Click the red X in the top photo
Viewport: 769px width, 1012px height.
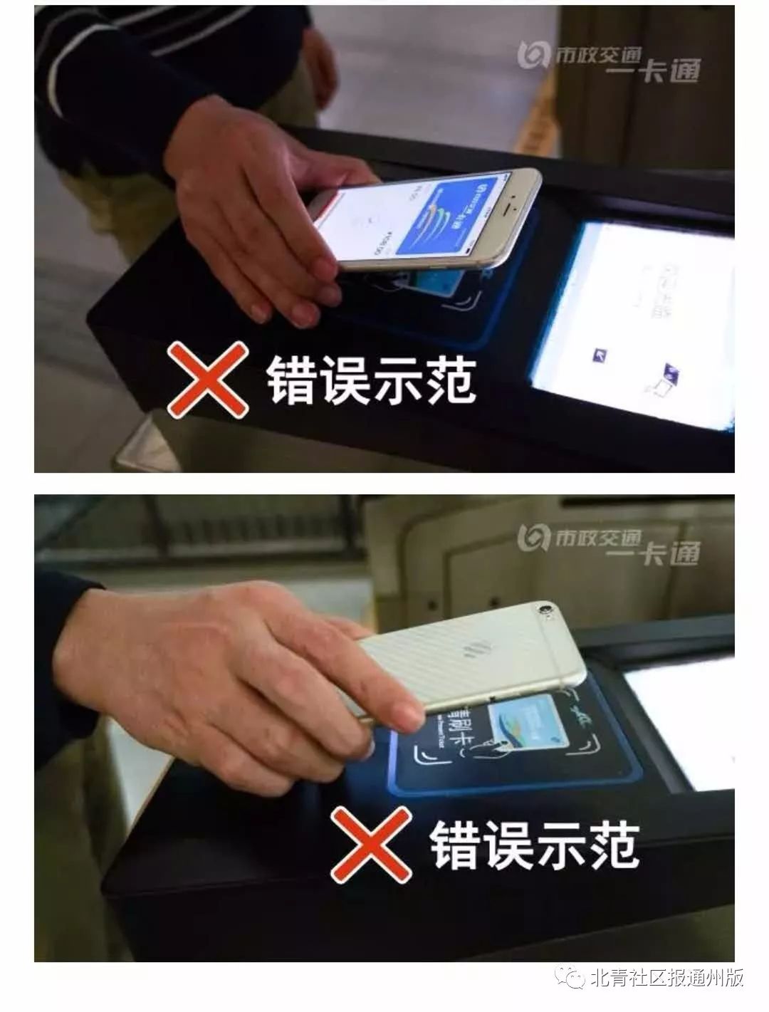tap(208, 380)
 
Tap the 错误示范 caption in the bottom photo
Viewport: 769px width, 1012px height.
tap(534, 845)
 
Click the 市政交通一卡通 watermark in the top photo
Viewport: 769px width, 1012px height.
tap(609, 63)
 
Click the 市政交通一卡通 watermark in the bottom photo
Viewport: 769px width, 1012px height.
tap(609, 543)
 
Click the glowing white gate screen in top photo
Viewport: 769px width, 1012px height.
tap(634, 320)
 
